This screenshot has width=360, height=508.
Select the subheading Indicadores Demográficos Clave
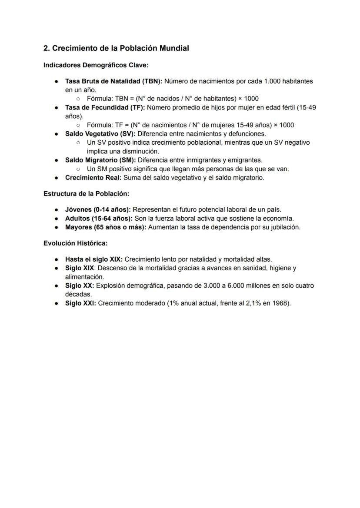tap(96, 65)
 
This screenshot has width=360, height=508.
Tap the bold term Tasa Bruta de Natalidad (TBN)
tap(114, 81)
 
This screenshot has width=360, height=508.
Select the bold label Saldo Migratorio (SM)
tap(100, 160)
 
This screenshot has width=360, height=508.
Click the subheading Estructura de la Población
tap(86, 193)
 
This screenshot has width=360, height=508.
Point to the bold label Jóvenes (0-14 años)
tap(97, 209)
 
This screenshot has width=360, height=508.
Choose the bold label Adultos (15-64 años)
tap(98, 218)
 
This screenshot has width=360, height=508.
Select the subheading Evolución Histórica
tap(75, 243)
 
